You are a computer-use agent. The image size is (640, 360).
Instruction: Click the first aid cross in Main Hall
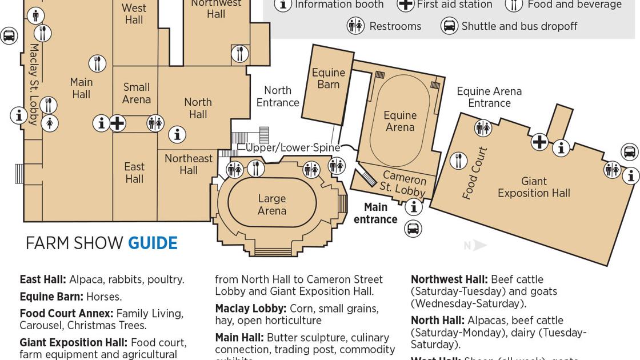117,123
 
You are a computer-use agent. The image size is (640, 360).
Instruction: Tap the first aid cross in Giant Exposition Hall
539,142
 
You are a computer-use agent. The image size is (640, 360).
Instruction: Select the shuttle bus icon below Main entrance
413,229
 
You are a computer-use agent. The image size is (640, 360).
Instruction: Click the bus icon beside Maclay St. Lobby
9,36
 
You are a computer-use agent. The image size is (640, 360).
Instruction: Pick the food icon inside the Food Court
458,161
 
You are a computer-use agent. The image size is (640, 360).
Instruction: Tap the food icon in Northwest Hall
240,54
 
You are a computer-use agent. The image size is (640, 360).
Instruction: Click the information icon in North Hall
177,134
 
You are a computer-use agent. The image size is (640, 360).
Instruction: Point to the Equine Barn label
328,79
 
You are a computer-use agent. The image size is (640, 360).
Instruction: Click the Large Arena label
271,205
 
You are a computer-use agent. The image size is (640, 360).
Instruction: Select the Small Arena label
137,93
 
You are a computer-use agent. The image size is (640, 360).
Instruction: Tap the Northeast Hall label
189,164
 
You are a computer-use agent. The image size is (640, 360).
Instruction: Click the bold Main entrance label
375,213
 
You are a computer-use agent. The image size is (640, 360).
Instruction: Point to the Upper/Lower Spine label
293,147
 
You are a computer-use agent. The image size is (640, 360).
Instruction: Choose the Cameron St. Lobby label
403,182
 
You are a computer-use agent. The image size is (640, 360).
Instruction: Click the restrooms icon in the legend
355,26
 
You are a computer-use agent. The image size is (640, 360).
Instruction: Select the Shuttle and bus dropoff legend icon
449,26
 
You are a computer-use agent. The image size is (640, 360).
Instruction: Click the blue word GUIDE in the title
153,243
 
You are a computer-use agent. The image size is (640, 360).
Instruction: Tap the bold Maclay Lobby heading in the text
250,309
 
